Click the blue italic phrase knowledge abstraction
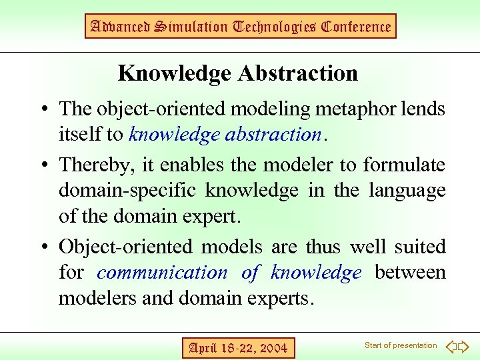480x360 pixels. point(225,134)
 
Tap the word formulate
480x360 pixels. point(404,165)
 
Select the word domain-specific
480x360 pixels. point(129,191)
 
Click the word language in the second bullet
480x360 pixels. point(406,191)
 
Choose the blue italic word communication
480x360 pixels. point(162,272)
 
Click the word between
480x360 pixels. point(410,272)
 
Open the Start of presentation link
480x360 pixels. point(401,345)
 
